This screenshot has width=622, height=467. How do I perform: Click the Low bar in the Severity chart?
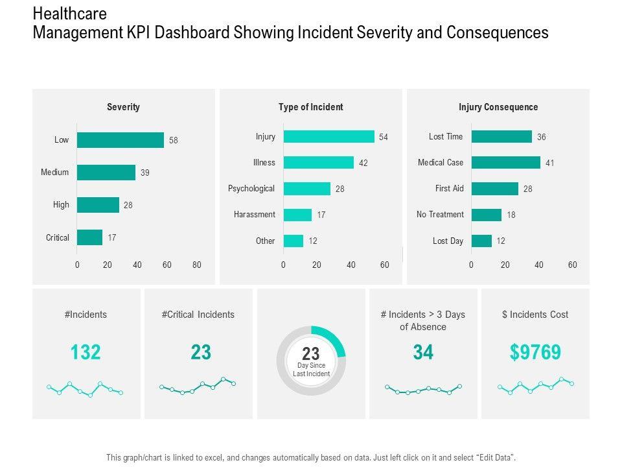click(121, 140)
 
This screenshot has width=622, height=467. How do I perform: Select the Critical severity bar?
click(89, 237)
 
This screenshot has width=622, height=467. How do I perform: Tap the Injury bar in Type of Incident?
click(328, 137)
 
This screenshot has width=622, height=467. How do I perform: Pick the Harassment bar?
click(297, 215)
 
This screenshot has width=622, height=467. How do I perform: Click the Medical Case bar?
click(505, 163)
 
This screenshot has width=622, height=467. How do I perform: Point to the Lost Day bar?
click(481, 241)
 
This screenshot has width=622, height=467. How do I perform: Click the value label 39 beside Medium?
click(145, 173)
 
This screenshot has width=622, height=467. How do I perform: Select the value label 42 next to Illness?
click(363, 163)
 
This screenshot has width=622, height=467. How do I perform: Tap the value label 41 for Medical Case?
click(549, 163)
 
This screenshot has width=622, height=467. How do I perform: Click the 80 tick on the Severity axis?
click(197, 265)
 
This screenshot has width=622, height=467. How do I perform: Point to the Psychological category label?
click(251, 189)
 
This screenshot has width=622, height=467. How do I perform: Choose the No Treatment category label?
click(440, 215)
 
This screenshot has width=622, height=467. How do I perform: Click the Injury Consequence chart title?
click(498, 107)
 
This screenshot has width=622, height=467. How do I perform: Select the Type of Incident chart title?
click(311, 107)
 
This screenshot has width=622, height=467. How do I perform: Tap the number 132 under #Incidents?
click(86, 352)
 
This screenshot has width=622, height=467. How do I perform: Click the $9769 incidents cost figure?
click(535, 352)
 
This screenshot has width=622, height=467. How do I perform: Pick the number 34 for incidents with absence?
click(423, 352)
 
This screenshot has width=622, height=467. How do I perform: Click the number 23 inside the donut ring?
click(311, 353)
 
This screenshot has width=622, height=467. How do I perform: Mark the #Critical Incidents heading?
click(198, 315)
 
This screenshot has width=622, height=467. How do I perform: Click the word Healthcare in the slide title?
click(70, 14)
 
